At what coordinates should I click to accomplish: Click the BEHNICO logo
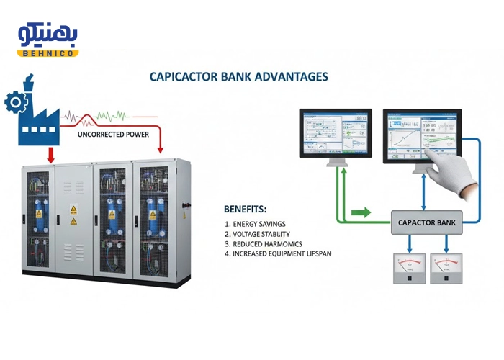tap(48, 40)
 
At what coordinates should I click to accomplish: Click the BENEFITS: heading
tap(245, 210)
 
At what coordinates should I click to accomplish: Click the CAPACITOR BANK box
tap(427, 222)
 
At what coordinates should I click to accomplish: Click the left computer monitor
tap(336, 135)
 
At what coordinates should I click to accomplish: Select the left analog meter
tap(405, 269)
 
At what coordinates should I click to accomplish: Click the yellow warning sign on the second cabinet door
tap(73, 210)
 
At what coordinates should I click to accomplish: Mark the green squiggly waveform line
tap(112, 115)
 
